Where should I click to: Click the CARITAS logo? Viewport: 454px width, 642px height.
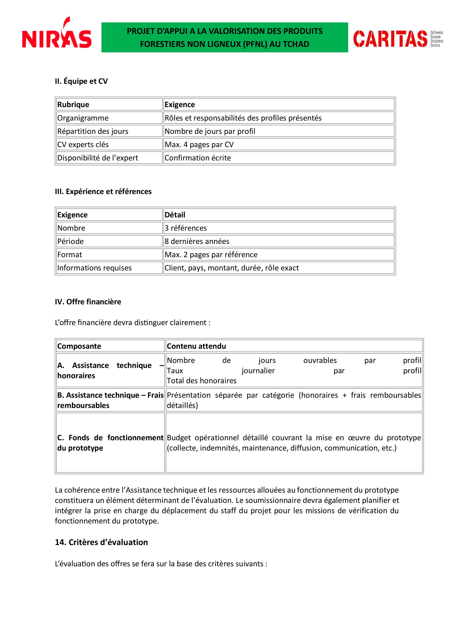(x=397, y=39)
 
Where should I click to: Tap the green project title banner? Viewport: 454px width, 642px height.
(x=225, y=38)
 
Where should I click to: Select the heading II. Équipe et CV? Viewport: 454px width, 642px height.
(x=81, y=81)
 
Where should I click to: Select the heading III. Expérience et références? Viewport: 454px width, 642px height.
(x=103, y=192)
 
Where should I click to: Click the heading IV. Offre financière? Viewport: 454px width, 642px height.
(x=88, y=302)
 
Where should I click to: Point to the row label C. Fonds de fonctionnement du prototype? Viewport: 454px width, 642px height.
(x=110, y=443)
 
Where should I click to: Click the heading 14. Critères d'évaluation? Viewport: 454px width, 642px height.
(x=101, y=542)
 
